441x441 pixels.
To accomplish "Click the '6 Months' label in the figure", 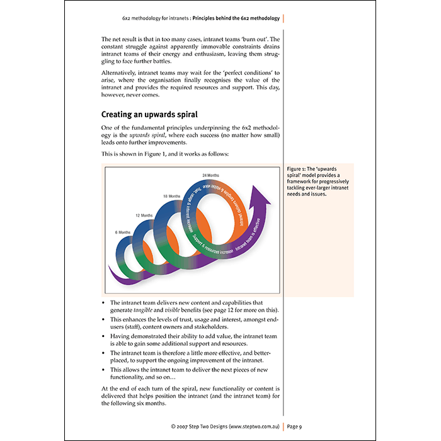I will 122,232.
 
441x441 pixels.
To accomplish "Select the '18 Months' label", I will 170,197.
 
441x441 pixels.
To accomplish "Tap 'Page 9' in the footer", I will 294,427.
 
